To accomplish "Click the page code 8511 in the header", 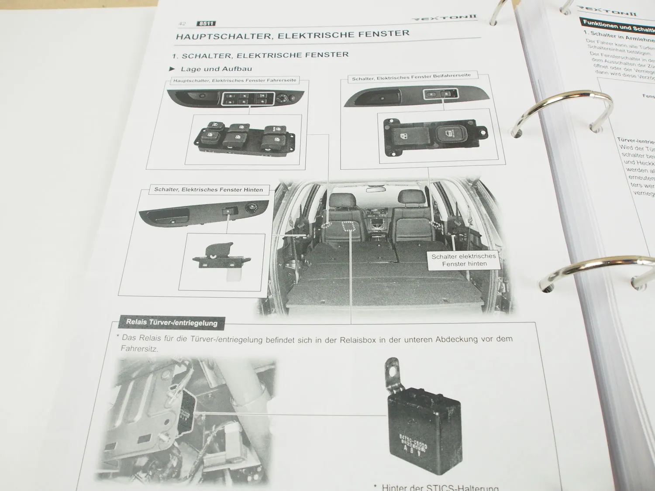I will tap(206, 24).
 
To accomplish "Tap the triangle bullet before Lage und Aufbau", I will tap(172, 69).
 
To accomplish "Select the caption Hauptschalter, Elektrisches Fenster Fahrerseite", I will tap(234, 80).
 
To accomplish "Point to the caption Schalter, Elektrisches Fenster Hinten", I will tap(208, 190).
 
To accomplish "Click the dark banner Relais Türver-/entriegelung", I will tap(172, 323).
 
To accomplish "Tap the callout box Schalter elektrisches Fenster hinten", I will tap(464, 260).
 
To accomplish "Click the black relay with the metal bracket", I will tap(424, 432).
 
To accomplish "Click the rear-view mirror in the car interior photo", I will tap(376, 189).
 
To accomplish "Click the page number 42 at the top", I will tap(182, 24).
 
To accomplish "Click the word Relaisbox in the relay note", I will tap(358, 340).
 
